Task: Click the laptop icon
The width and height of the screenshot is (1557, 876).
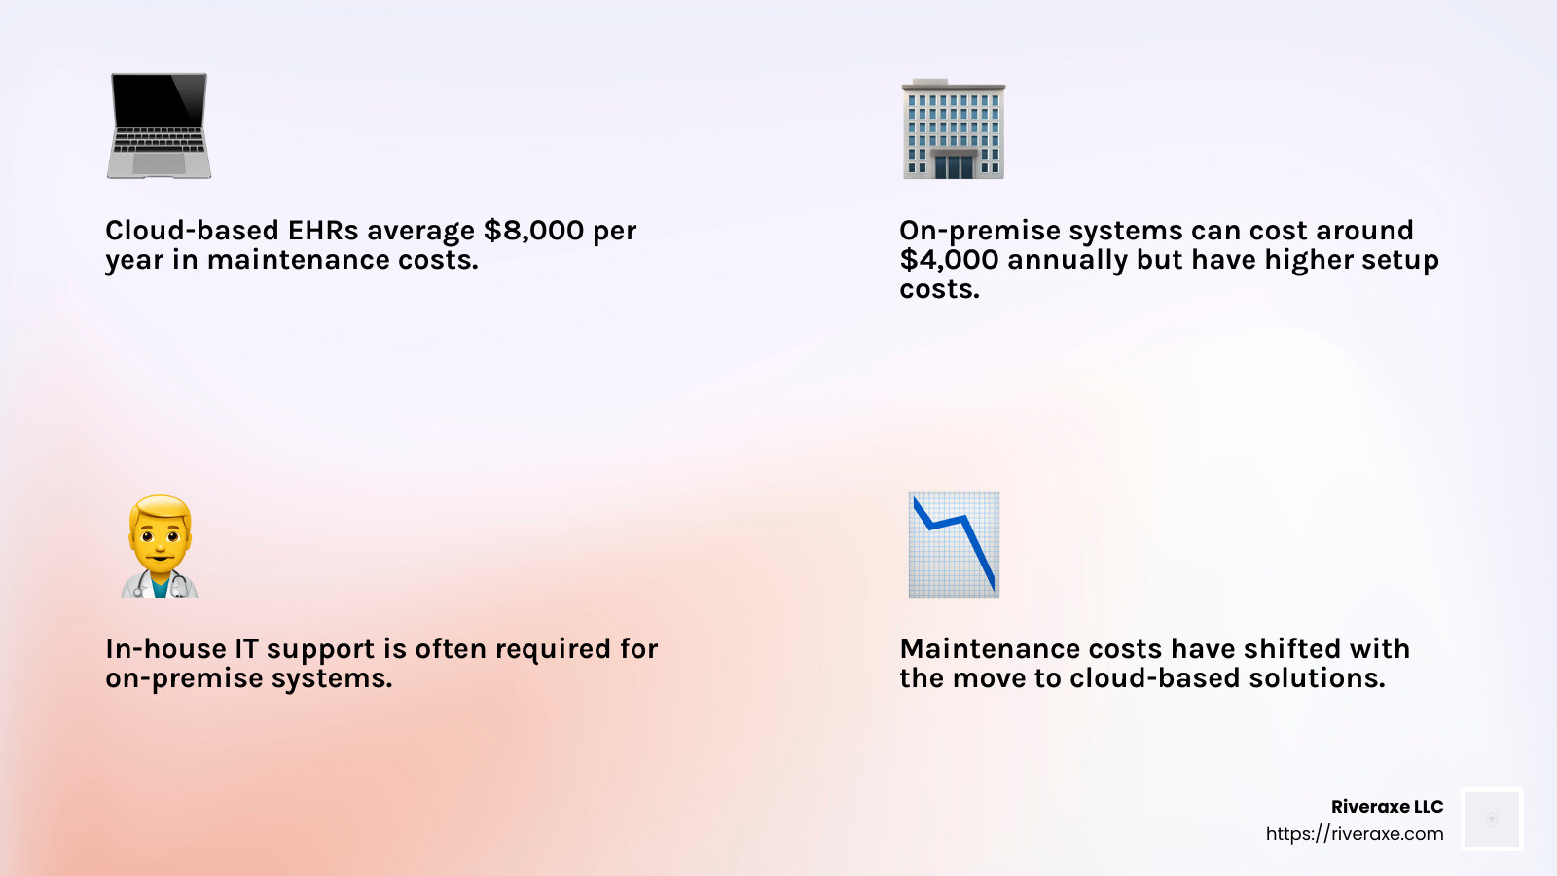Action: tap(159, 126)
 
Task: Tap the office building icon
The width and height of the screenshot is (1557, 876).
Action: tap(953, 128)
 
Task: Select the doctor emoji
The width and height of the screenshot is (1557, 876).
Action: tap(160, 546)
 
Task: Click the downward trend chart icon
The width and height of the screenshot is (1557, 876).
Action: tap(954, 544)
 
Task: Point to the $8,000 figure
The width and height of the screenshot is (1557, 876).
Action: tap(533, 231)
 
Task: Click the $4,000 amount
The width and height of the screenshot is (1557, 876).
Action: tap(950, 260)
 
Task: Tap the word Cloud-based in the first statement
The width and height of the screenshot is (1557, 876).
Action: tap(192, 230)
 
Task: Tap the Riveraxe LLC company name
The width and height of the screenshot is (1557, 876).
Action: tap(1387, 807)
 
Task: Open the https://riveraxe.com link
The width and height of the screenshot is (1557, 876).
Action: tap(1354, 833)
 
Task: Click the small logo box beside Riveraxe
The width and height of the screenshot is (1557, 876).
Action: tap(1492, 819)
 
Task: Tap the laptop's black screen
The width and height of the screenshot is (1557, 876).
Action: tap(160, 100)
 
